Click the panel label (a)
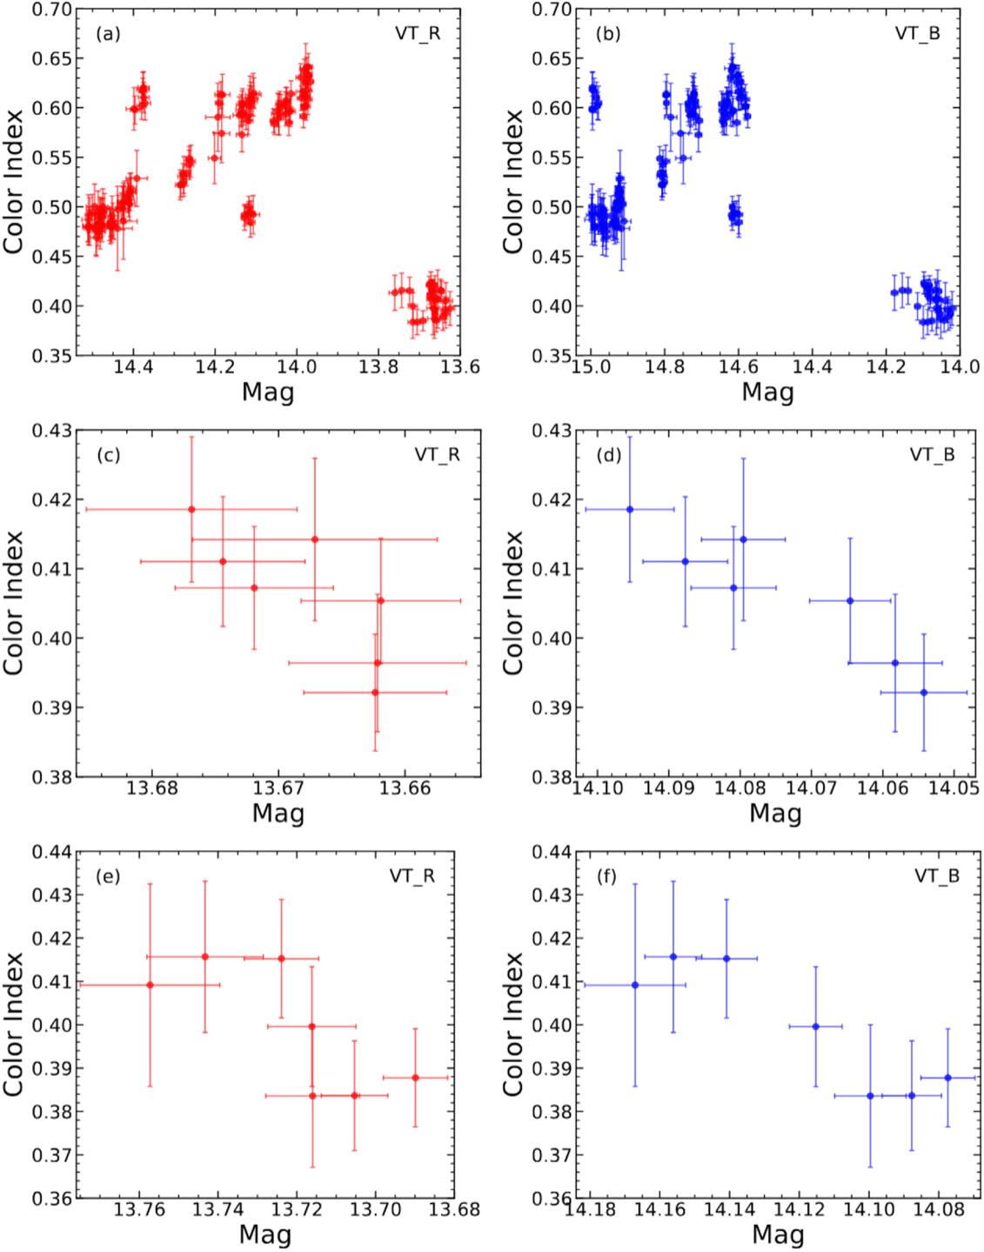108,35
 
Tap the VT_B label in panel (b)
918,33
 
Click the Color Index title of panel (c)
14,603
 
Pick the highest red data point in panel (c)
192,509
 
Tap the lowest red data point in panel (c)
375,693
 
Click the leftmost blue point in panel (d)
630,509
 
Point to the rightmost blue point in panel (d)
924,693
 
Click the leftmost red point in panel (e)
151,985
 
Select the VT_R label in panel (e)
412,876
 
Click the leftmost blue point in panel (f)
635,985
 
